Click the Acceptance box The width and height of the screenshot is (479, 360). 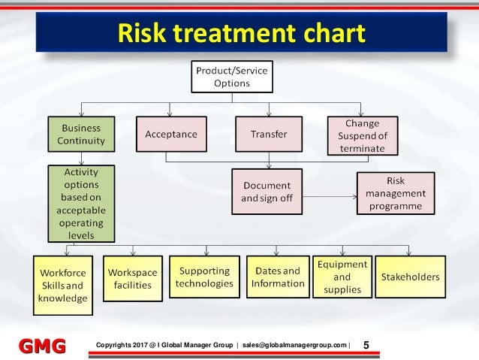pos(172,135)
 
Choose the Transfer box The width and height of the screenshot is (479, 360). pos(268,135)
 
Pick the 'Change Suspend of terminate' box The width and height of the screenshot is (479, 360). pos(362,135)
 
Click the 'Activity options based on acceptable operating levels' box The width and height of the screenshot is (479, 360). pos(81,204)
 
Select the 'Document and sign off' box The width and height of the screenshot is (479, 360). pos(268,192)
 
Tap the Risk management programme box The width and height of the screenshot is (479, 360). pos(395,193)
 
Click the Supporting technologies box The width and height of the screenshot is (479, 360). pos(203,277)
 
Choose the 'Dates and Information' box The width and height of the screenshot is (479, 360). pos(277,277)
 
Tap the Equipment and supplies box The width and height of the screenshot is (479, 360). pos(342,277)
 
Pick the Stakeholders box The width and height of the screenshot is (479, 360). pos(410,277)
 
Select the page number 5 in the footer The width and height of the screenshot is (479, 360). pos(366,345)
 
